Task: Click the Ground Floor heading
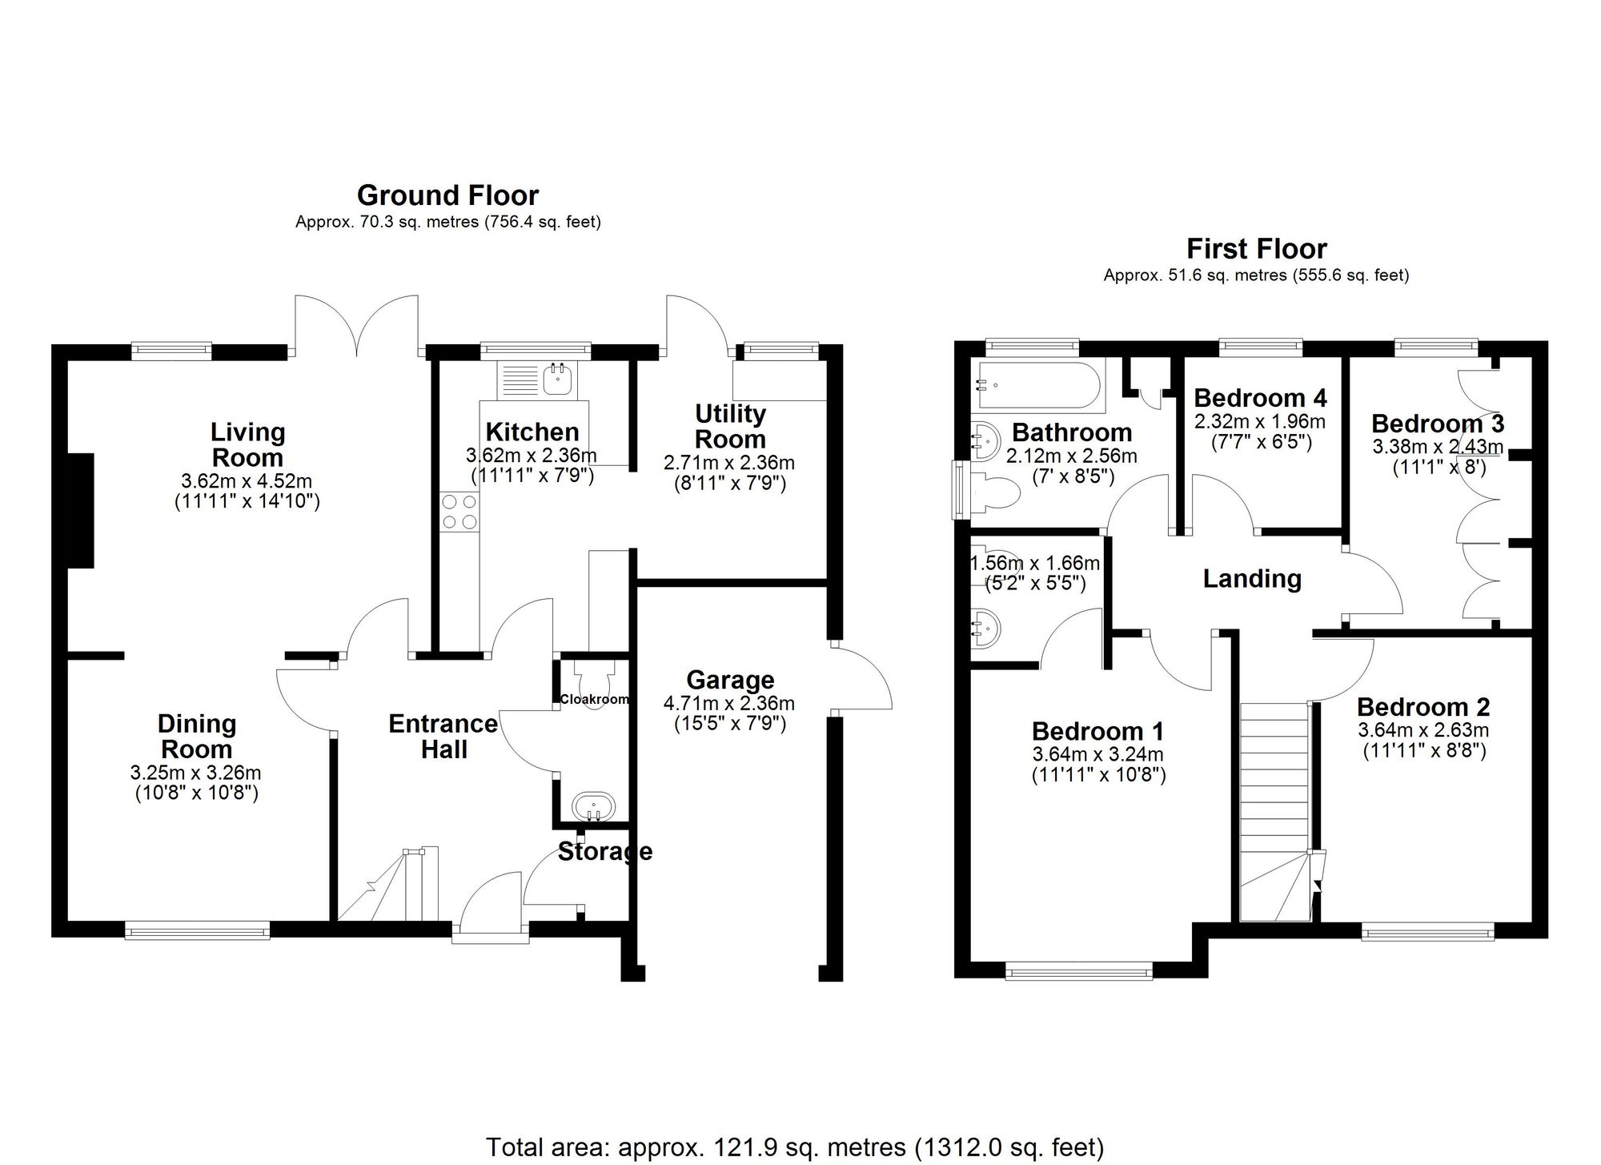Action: pyautogui.click(x=447, y=195)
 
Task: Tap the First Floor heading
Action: pyautogui.click(x=1256, y=249)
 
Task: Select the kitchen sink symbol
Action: pyautogui.click(x=557, y=379)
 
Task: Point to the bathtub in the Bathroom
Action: pyautogui.click(x=1038, y=385)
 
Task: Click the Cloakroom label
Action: pyautogui.click(x=594, y=699)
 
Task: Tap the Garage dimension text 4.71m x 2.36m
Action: pyautogui.click(x=728, y=704)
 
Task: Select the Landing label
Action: pyautogui.click(x=1252, y=578)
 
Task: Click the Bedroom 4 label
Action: pyautogui.click(x=1260, y=398)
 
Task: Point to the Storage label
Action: pyautogui.click(x=604, y=851)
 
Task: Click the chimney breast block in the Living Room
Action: pyautogui.click(x=82, y=511)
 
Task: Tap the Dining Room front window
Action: pyautogui.click(x=197, y=929)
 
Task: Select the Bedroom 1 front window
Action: pyautogui.click(x=1079, y=973)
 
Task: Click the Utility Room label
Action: pyautogui.click(x=729, y=426)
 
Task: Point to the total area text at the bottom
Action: pyautogui.click(x=794, y=1147)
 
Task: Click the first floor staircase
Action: pyautogui.click(x=1274, y=809)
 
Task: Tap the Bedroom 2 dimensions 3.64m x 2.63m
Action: pyautogui.click(x=1423, y=730)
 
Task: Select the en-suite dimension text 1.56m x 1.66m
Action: pyautogui.click(x=1034, y=564)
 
